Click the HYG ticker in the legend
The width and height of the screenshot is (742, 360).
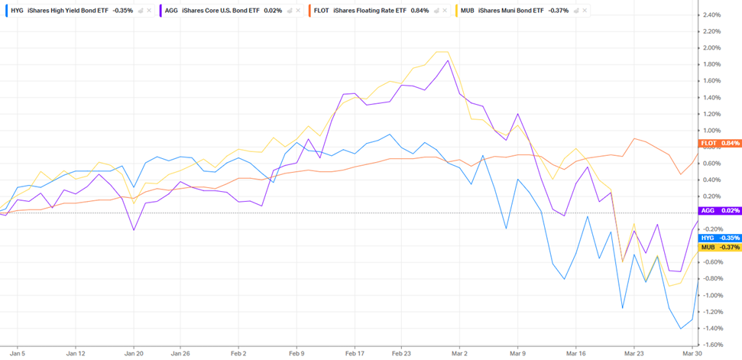[17, 11]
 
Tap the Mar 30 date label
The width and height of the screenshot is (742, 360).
[692, 354]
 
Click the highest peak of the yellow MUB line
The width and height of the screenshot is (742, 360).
[441, 52]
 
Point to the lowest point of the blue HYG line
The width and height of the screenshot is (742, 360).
[681, 329]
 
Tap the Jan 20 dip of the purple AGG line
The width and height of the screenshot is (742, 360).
[134, 230]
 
